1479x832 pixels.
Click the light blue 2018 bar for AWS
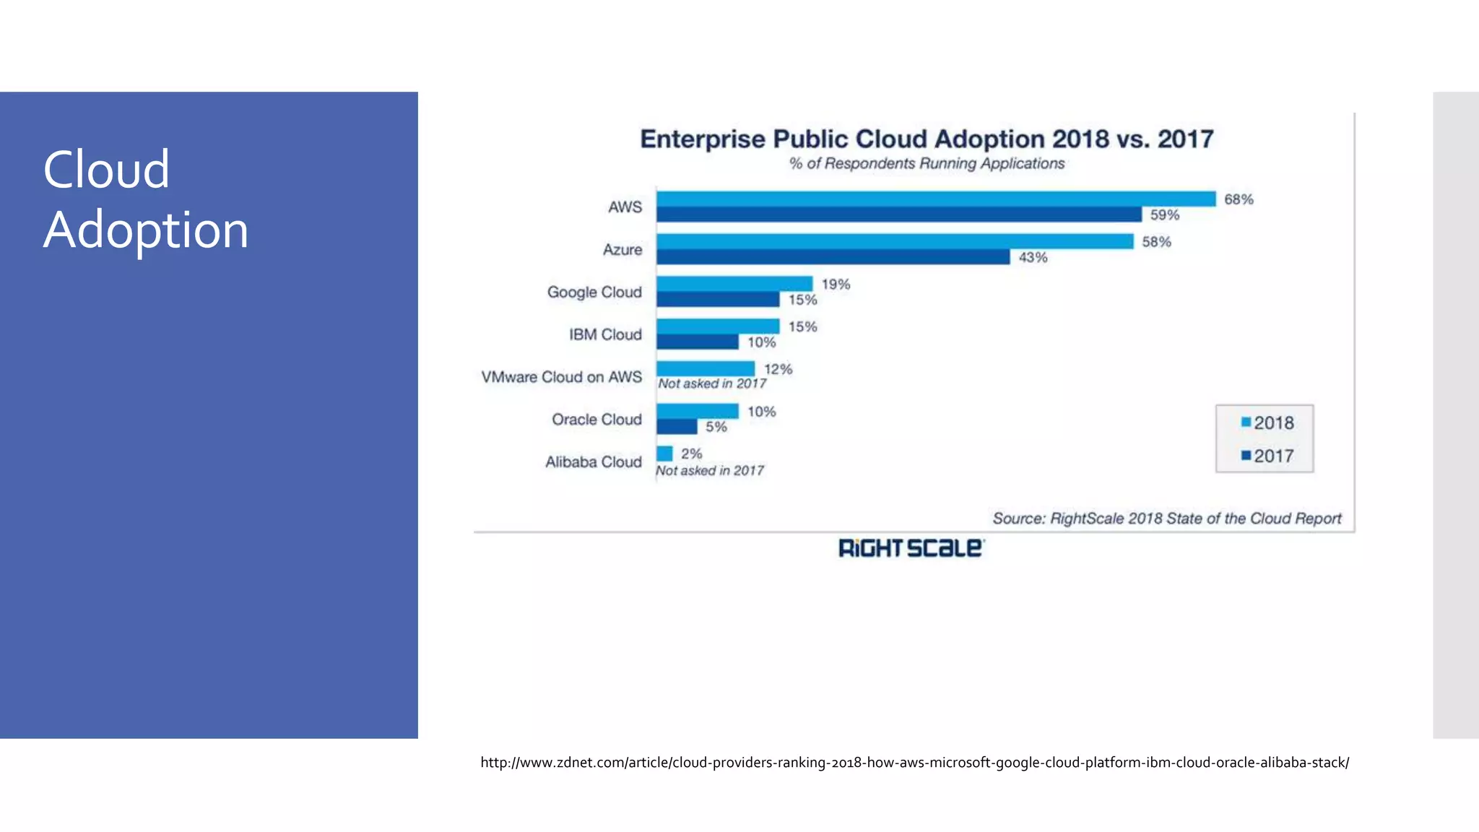[935, 199]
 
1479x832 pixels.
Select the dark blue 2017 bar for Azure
[832, 257]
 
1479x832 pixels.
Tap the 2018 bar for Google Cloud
[734, 284]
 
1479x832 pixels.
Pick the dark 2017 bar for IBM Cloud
[697, 342]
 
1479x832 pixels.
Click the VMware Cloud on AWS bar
[705, 368]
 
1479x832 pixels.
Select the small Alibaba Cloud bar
[664, 454]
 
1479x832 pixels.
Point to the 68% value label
[1239, 199]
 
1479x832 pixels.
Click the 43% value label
[1033, 258]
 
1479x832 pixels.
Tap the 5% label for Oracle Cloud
[716, 427]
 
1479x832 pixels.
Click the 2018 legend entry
[1267, 422]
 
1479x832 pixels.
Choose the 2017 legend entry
[1267, 456]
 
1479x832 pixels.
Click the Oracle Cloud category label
[597, 420]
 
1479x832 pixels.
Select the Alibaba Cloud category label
[593, 462]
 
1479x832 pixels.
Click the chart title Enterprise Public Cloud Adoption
[927, 139]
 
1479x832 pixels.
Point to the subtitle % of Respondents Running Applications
[927, 164]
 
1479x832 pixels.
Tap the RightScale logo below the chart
[911, 548]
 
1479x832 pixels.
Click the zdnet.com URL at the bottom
[914, 763]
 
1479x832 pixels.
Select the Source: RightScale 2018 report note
[1166, 519]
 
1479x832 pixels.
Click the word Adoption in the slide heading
[146, 230]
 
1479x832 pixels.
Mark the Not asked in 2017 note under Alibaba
[709, 471]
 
